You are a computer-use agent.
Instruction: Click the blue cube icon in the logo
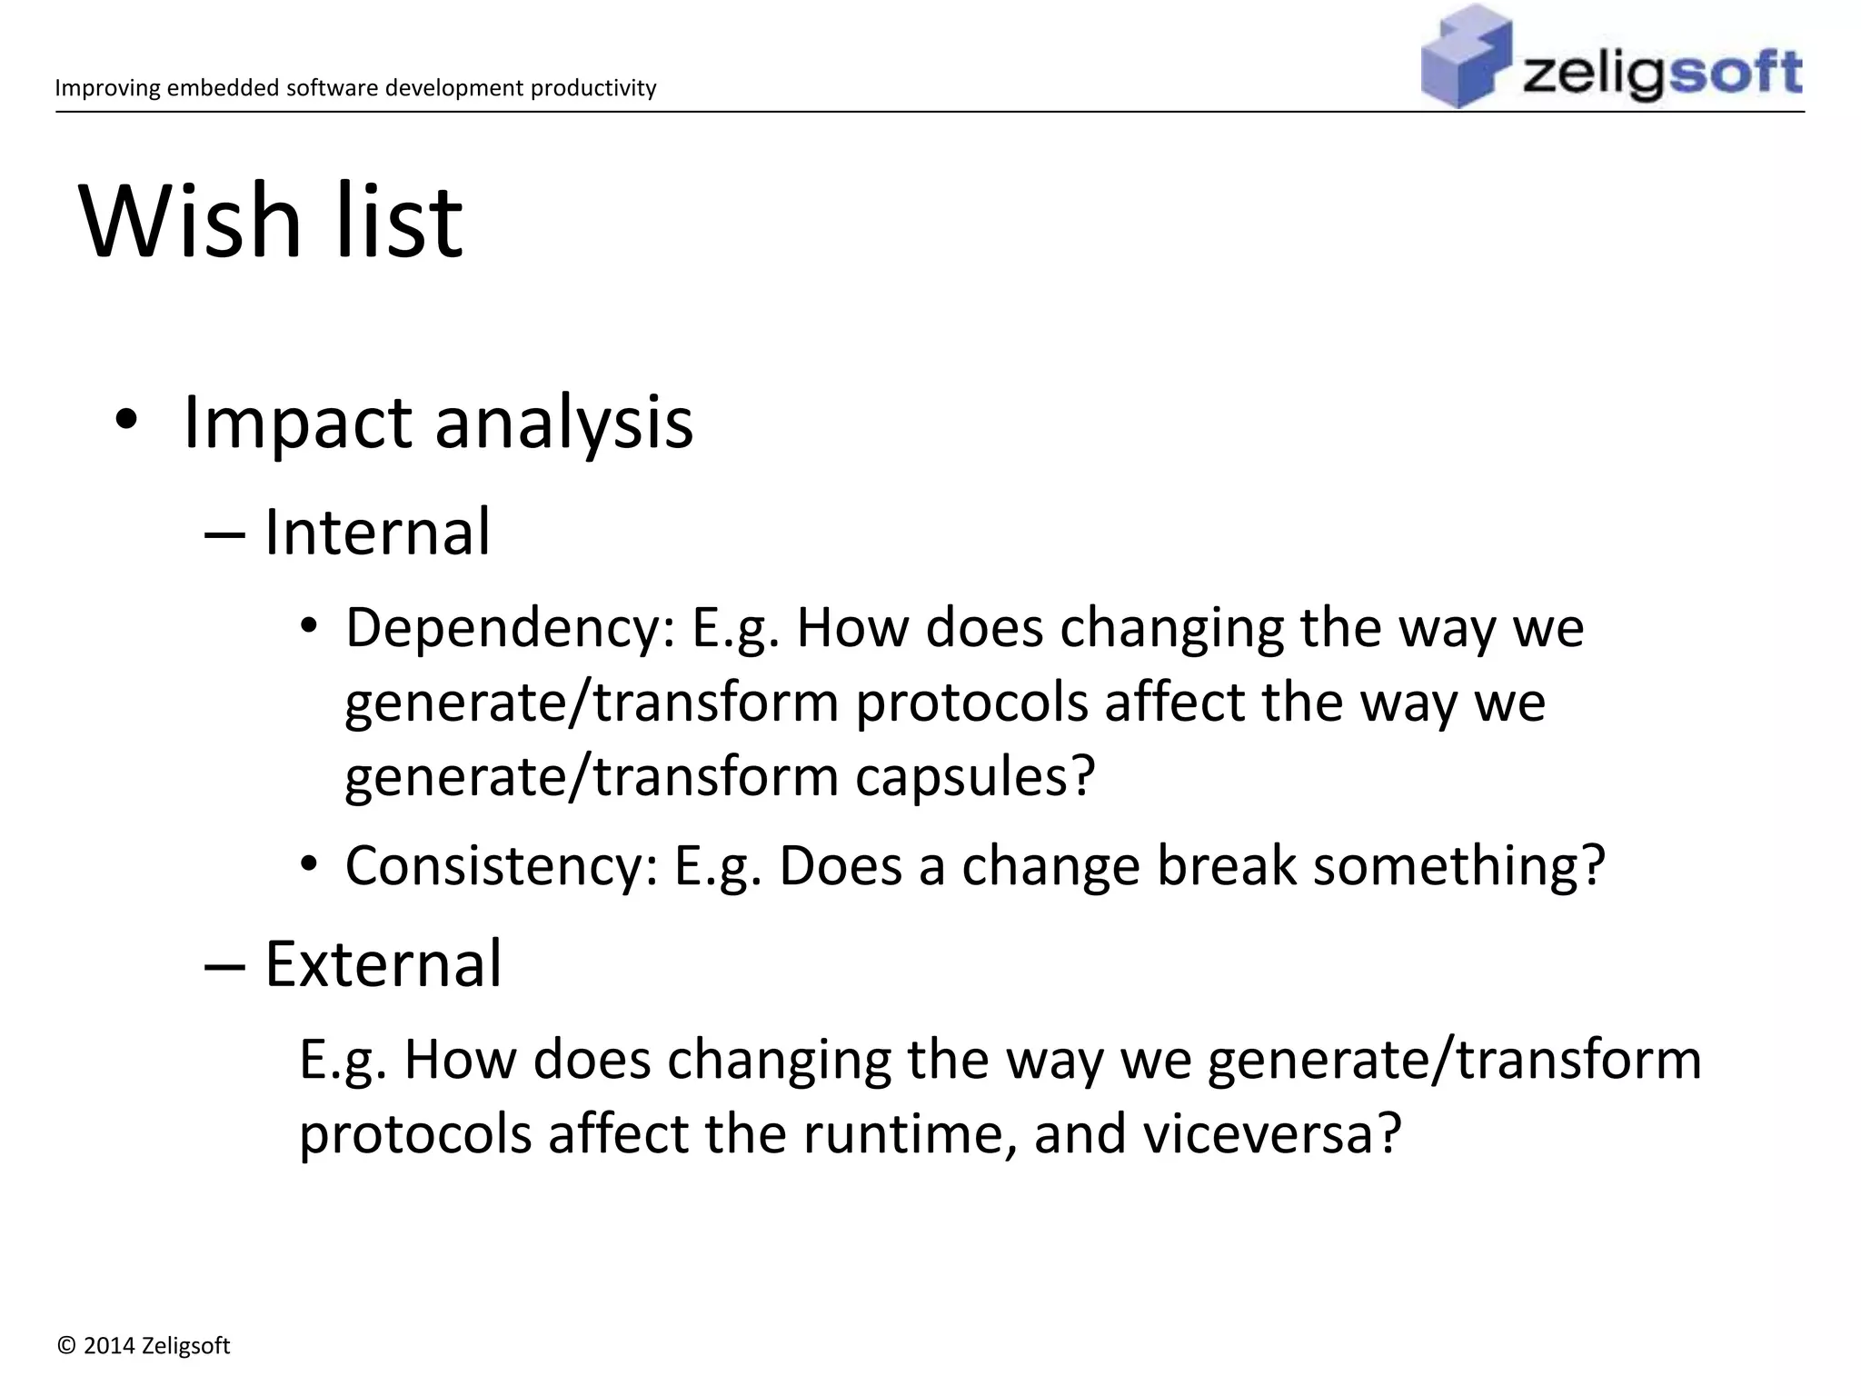[1465, 56]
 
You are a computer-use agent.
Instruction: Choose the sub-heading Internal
[377, 533]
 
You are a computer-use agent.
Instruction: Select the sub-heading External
[383, 963]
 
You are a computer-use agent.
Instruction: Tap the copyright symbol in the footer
[65, 1346]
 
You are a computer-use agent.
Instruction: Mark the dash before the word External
[224, 965]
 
